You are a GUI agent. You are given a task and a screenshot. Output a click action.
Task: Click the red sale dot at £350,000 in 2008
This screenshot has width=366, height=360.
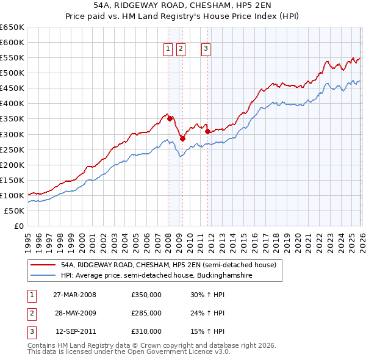170,118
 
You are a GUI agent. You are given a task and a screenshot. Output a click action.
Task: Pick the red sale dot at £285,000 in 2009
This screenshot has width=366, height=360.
182,139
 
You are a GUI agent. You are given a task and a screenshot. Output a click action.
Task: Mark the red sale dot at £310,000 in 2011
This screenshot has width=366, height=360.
207,131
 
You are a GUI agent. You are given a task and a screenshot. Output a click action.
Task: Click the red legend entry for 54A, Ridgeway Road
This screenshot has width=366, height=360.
168,265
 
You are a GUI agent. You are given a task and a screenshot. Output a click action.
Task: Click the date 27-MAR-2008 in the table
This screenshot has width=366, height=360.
74,295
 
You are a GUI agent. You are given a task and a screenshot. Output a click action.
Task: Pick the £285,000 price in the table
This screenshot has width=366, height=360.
146,313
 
